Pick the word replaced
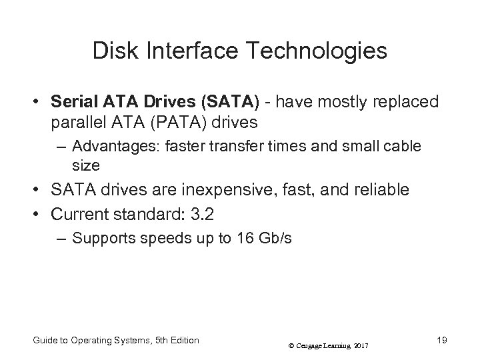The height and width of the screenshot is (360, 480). (x=407, y=102)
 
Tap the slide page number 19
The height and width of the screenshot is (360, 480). (x=441, y=340)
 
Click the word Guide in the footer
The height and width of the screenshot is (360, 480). (x=43, y=340)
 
